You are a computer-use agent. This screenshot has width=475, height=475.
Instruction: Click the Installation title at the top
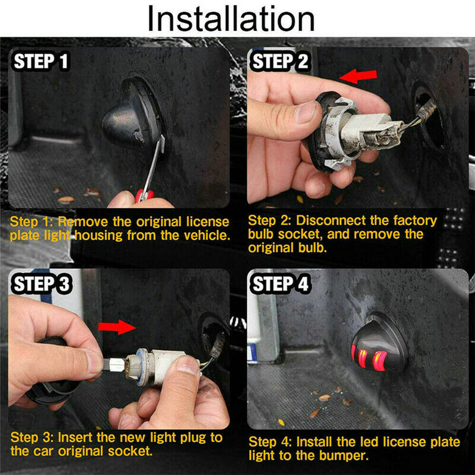(x=231, y=19)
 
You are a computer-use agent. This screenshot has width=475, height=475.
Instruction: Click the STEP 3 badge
(x=42, y=284)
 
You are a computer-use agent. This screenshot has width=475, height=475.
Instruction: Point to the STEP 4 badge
(x=280, y=284)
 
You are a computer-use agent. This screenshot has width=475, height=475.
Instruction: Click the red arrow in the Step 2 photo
(x=358, y=76)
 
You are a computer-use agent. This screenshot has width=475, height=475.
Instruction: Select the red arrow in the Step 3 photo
(x=117, y=327)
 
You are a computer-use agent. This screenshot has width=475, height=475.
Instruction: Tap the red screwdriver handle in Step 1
(x=144, y=195)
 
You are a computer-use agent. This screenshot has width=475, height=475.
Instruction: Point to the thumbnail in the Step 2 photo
(x=305, y=112)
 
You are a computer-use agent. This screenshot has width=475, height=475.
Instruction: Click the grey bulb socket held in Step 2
(x=357, y=133)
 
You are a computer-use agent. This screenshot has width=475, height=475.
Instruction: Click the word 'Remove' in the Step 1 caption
(x=83, y=222)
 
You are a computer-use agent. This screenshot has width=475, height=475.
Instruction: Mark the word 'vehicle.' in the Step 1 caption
(x=207, y=235)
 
